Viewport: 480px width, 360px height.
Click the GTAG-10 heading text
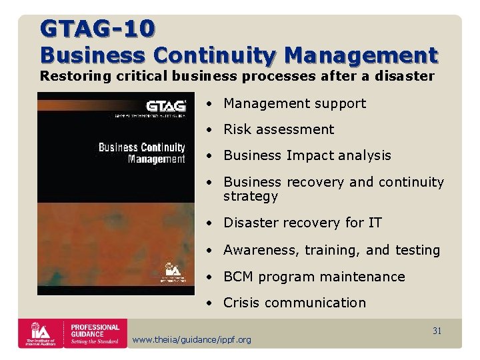97,28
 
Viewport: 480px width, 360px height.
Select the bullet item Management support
294,103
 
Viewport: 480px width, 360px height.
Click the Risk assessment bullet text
279,129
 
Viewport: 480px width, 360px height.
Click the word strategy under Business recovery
251,197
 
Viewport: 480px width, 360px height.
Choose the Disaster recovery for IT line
302,223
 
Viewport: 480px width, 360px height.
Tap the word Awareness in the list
261,250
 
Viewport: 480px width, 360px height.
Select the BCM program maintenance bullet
314,277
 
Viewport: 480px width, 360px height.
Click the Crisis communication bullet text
294,303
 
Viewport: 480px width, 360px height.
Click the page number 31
437,331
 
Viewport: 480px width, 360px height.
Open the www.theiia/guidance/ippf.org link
192,340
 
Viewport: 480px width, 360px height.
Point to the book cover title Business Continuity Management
142,153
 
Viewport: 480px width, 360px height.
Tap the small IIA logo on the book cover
173,271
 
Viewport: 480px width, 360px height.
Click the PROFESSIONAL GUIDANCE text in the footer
95,332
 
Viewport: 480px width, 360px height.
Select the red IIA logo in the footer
41,333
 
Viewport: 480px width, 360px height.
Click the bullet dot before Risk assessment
209,129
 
